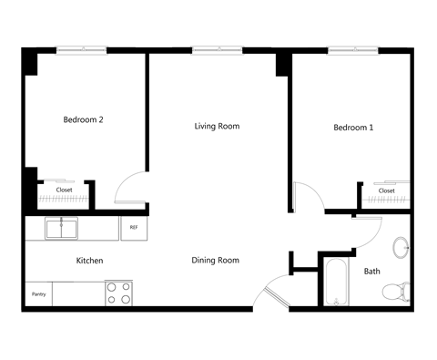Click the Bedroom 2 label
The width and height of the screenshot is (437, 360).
83,119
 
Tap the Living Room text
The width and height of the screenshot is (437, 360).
217,126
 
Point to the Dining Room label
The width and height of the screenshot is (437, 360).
215,261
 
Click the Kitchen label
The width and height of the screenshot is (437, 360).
89,261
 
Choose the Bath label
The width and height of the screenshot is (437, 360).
371,272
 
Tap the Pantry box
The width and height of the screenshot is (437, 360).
38,294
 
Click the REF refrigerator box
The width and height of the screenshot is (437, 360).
134,227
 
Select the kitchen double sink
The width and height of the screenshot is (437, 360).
62,228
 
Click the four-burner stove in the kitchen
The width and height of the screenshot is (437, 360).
117,293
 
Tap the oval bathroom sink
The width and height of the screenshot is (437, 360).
400,247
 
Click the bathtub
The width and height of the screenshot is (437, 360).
335,282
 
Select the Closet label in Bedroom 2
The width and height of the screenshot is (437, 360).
65,190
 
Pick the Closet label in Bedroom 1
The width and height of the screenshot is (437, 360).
386,190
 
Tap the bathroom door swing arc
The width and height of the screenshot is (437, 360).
366,230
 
